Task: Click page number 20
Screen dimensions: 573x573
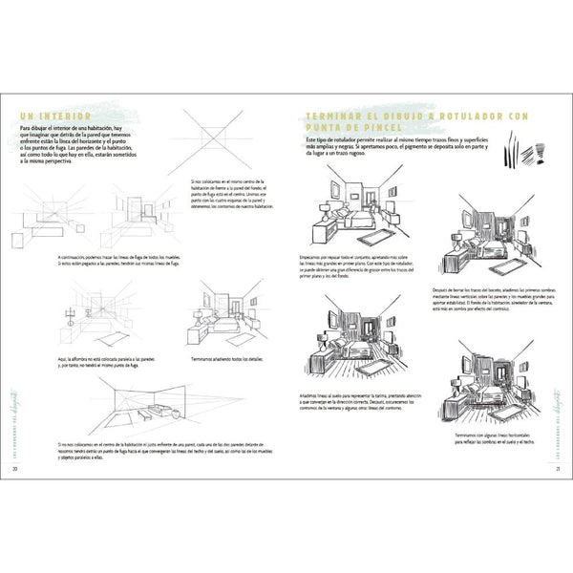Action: (x=15, y=469)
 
